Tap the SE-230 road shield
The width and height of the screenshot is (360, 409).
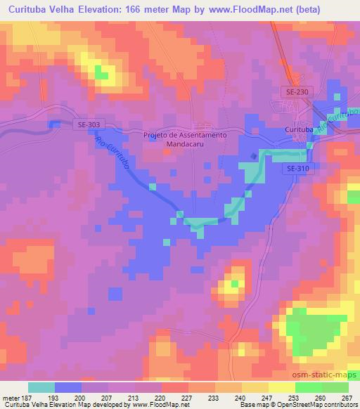click(298, 92)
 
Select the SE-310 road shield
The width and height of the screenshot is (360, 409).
click(299, 169)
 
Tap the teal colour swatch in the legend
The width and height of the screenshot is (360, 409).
click(41, 387)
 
